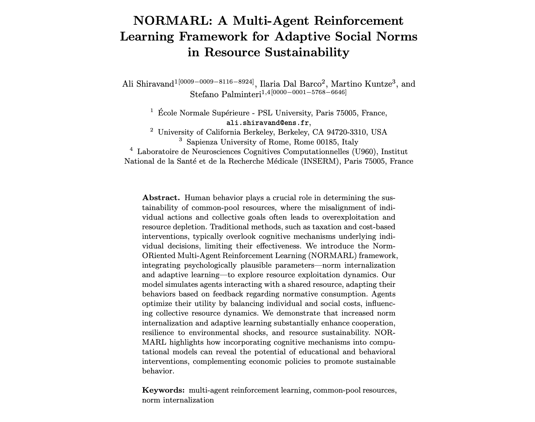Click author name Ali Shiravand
tap(148, 84)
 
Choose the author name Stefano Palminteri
tap(226, 94)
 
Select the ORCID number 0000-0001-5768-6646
tap(309, 92)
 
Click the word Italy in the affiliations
tap(351, 142)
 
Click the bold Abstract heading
tap(161, 198)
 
